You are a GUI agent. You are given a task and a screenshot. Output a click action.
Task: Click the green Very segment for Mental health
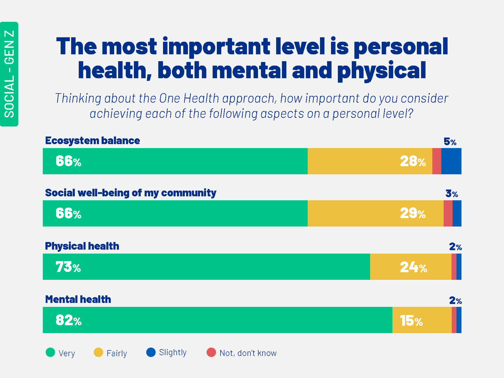pyautogui.click(x=217, y=320)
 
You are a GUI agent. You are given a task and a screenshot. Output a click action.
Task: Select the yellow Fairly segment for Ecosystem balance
pyautogui.click(x=370, y=161)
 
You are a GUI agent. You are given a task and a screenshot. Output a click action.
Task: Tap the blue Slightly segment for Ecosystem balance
pyautogui.click(x=451, y=161)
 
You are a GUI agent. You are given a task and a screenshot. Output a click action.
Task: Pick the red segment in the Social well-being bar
pyautogui.click(x=448, y=213)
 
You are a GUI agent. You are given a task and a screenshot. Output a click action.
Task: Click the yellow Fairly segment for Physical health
pyautogui.click(x=411, y=267)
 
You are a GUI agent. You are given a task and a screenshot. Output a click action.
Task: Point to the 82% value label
pyautogui.click(x=69, y=320)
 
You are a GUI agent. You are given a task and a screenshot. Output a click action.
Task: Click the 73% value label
pyautogui.click(x=68, y=267)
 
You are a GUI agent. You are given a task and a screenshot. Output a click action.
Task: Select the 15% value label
pyautogui.click(x=411, y=321)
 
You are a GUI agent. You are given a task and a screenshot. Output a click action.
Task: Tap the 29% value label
pyautogui.click(x=413, y=213)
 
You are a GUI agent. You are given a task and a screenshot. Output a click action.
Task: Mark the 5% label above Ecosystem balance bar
pyautogui.click(x=450, y=142)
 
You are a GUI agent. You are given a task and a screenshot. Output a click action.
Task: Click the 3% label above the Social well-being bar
pyautogui.click(x=451, y=194)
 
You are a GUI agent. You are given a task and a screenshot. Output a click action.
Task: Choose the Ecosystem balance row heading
pyautogui.click(x=92, y=141)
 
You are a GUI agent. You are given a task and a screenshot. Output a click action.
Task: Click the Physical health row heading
pyautogui.click(x=82, y=246)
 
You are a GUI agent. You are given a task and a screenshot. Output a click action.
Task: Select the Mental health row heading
pyautogui.click(x=78, y=300)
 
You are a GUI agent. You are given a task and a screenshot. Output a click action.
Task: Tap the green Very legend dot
pyautogui.click(x=50, y=352)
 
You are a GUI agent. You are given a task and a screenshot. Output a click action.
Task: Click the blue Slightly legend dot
pyautogui.click(x=151, y=352)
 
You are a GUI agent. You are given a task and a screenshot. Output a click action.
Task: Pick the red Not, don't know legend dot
pyautogui.click(x=211, y=352)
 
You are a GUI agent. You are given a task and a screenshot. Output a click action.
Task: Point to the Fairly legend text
pyautogui.click(x=117, y=353)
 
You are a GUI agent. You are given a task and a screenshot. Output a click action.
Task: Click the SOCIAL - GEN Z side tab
pyautogui.click(x=9, y=74)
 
